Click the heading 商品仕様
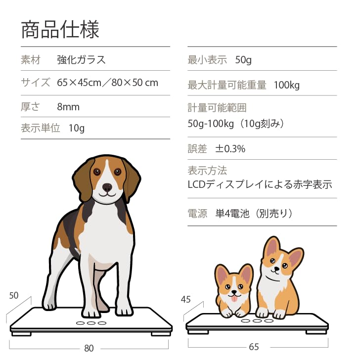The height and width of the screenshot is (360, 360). (x=60, y=30)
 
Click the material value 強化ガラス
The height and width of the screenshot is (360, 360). (x=81, y=60)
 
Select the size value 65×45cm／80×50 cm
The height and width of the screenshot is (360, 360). (x=107, y=83)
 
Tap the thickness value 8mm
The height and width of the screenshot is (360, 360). (x=68, y=107)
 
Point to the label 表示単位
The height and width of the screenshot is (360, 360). (x=40, y=128)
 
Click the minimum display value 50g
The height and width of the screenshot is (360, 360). (x=243, y=60)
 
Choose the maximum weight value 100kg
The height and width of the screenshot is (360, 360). (x=287, y=85)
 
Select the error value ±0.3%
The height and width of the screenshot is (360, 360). (x=230, y=149)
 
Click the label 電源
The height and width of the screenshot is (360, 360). (x=197, y=214)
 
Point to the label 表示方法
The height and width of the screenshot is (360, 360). (x=207, y=171)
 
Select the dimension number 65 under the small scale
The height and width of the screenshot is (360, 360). (x=254, y=347)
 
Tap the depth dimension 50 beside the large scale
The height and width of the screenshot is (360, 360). (x=14, y=296)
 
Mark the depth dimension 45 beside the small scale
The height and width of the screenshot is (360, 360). (x=186, y=299)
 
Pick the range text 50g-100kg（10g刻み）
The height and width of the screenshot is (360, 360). (x=236, y=123)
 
